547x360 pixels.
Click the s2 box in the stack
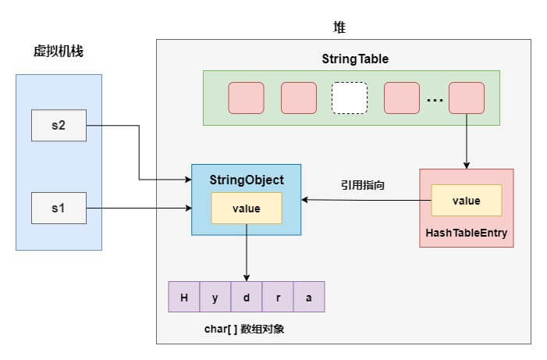click(59, 126)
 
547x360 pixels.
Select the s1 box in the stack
click(59, 208)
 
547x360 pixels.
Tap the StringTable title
click(355, 59)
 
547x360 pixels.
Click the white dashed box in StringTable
click(350, 98)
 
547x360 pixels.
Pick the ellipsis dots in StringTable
click(435, 100)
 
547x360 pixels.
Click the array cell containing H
click(184, 297)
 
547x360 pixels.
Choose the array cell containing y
click(215, 297)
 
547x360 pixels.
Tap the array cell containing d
click(247, 297)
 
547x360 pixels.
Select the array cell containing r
click(278, 297)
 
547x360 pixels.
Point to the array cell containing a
click(309, 297)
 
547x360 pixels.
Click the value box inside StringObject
click(247, 209)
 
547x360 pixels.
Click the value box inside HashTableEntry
click(467, 201)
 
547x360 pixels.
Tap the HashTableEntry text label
click(467, 233)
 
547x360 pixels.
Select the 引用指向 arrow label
click(363, 185)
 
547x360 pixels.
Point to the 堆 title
click(340, 27)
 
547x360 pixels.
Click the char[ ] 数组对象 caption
click(244, 329)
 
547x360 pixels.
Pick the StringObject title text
click(247, 180)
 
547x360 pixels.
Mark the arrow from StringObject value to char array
click(247, 252)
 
